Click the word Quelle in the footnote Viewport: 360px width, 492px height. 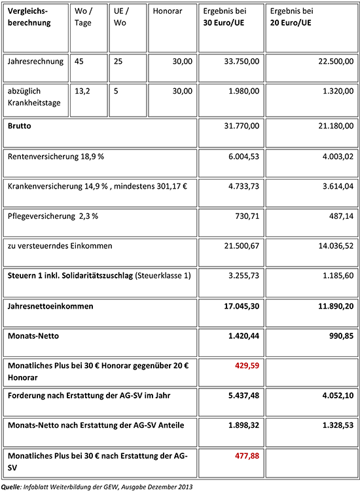[x=11, y=486]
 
